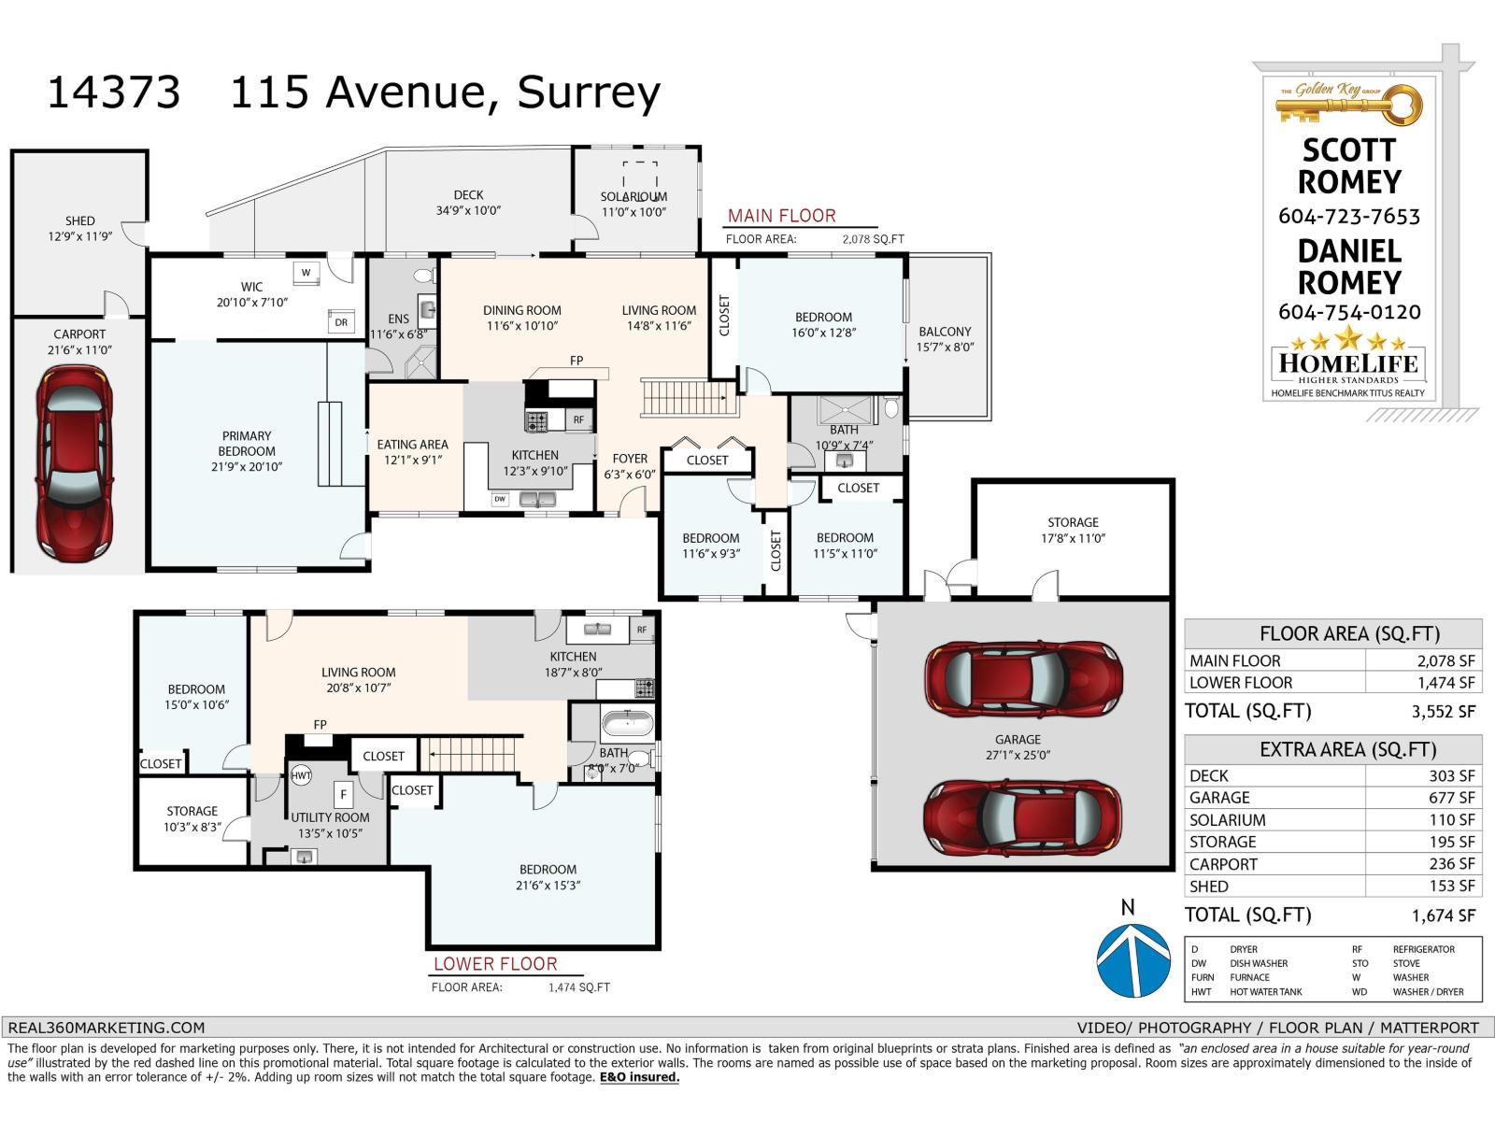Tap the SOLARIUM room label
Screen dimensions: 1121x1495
point(634,197)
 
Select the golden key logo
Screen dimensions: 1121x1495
point(1349,105)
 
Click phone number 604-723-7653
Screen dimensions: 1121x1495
point(1349,217)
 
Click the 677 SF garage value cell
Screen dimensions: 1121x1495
point(1423,798)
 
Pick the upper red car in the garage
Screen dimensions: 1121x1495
point(1023,679)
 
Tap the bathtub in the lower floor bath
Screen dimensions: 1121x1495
point(627,725)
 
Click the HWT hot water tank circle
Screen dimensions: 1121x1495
point(301,776)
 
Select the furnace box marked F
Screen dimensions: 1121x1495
point(344,795)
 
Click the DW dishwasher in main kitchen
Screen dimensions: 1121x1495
point(500,500)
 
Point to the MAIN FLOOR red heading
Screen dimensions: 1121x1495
point(782,216)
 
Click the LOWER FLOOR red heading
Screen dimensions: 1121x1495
point(495,964)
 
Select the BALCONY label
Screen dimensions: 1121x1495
point(945,332)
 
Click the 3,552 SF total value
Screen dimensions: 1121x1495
point(1443,712)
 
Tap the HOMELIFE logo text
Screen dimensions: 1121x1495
point(1348,363)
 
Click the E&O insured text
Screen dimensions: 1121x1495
point(639,1077)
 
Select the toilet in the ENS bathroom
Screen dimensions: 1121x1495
point(423,276)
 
